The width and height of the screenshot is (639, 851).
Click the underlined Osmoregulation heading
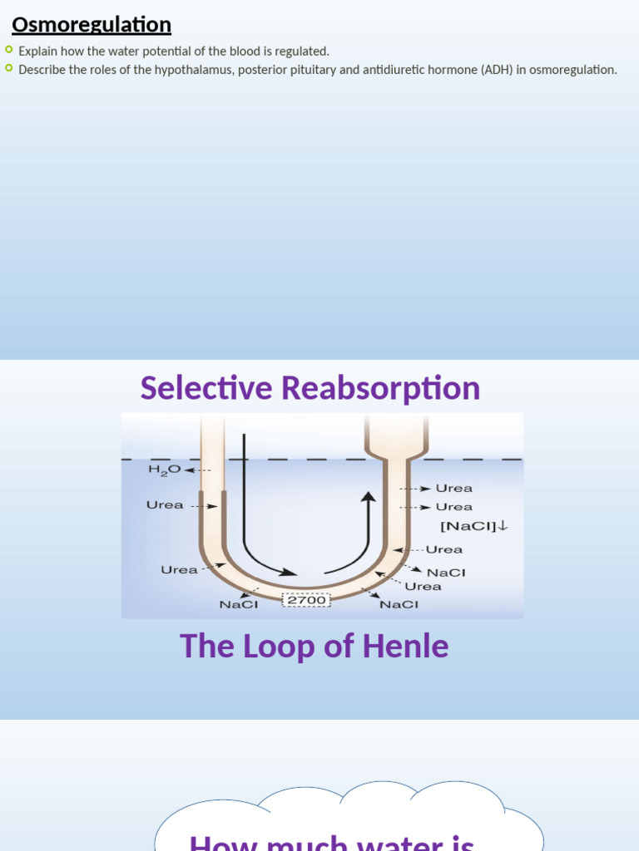tap(92, 25)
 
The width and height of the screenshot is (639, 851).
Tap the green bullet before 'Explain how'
tap(9, 50)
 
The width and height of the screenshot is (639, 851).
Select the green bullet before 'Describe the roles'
tap(9, 68)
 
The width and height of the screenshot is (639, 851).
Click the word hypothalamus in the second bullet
tap(181, 70)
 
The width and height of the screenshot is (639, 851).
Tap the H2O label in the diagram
tap(164, 470)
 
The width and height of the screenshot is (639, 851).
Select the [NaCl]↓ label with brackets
tap(473, 526)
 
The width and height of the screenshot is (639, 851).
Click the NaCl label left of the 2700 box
tap(239, 605)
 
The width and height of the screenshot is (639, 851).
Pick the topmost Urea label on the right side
tap(454, 489)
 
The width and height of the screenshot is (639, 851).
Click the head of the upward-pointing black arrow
tap(368, 497)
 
